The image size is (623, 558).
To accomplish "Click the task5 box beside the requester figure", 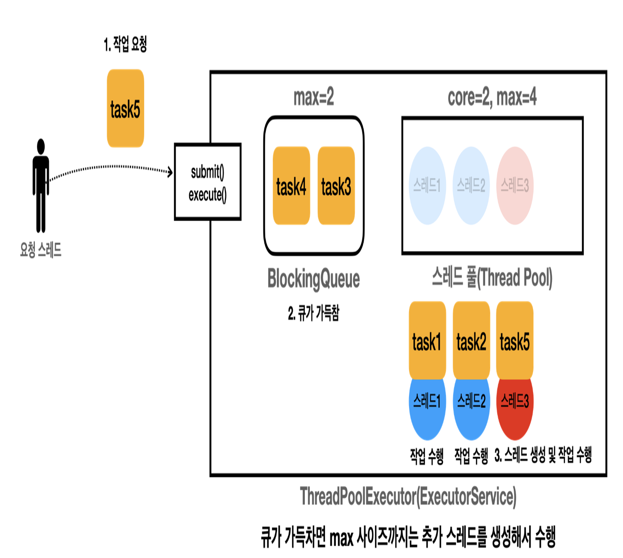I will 125,109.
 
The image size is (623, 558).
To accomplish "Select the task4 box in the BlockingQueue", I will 291,186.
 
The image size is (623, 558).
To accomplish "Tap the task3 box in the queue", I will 336,186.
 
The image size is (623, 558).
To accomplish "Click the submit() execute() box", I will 208,182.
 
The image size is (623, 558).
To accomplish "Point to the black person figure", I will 41,185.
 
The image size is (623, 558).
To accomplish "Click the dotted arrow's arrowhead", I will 170,172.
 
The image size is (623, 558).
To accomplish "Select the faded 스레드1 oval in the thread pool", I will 427,186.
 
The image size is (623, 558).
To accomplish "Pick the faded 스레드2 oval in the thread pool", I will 471,186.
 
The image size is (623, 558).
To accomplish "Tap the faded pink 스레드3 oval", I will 515,186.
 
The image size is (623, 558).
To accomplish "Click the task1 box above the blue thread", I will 427,340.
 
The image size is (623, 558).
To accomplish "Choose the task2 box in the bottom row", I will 471,340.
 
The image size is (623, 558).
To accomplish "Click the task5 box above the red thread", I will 515,340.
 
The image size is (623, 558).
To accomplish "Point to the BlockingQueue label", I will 314,279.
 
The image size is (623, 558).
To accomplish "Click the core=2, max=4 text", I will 492,97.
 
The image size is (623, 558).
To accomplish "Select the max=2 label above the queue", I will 314,97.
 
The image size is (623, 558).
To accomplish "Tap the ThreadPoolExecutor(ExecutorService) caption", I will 408,497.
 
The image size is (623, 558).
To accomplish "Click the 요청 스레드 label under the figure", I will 41,250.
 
